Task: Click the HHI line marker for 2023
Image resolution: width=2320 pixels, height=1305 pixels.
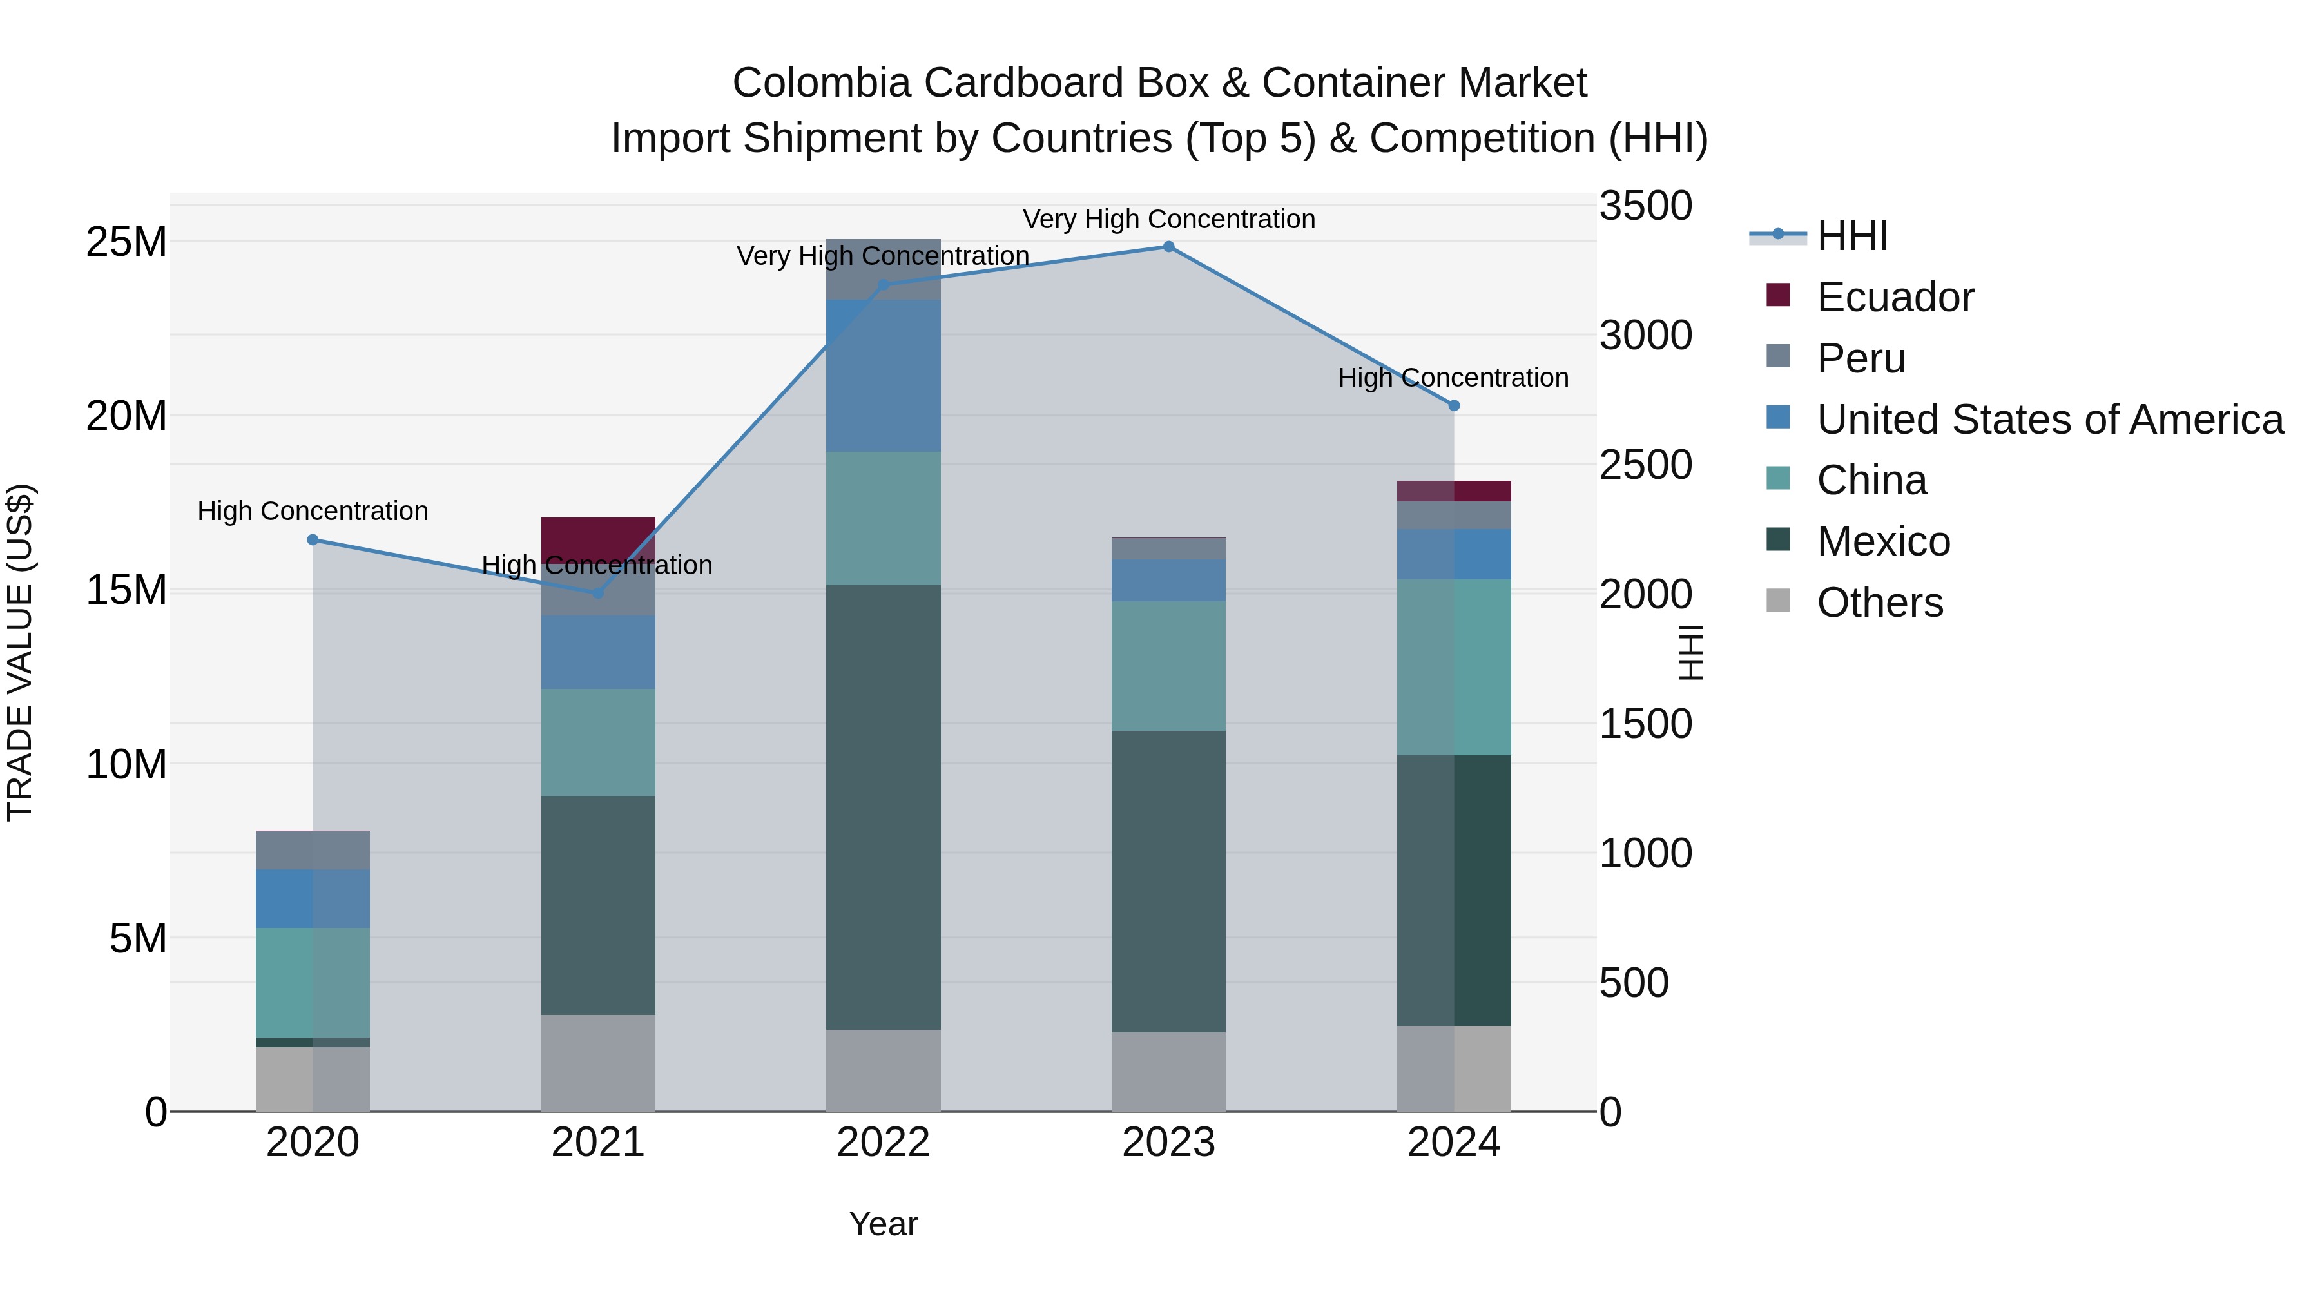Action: [x=1168, y=247]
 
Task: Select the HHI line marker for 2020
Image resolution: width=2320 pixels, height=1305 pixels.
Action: [x=313, y=539]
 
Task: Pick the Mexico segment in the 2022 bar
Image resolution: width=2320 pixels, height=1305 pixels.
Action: [x=883, y=807]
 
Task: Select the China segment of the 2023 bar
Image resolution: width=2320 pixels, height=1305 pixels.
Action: [x=1168, y=666]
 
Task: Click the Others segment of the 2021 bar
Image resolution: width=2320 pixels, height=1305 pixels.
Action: [x=598, y=1063]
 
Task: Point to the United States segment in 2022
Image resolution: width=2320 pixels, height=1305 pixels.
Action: [x=883, y=376]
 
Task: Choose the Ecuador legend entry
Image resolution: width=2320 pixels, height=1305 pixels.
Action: [x=1894, y=297]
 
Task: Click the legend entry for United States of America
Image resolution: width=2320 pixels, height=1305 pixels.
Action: [x=2049, y=420]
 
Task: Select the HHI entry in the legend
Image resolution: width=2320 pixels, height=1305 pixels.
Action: [x=1851, y=236]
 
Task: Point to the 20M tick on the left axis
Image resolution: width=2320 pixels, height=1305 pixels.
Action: [x=126, y=416]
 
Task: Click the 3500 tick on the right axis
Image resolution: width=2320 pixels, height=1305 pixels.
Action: [x=1645, y=206]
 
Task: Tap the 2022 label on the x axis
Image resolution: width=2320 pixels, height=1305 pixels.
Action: [x=883, y=1143]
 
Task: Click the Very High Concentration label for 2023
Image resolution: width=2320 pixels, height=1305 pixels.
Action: [x=1168, y=219]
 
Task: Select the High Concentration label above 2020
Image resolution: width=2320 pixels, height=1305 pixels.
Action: [x=313, y=510]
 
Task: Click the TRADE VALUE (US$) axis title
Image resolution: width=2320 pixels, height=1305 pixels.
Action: [x=20, y=652]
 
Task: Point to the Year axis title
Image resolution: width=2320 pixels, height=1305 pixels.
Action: [x=883, y=1224]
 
